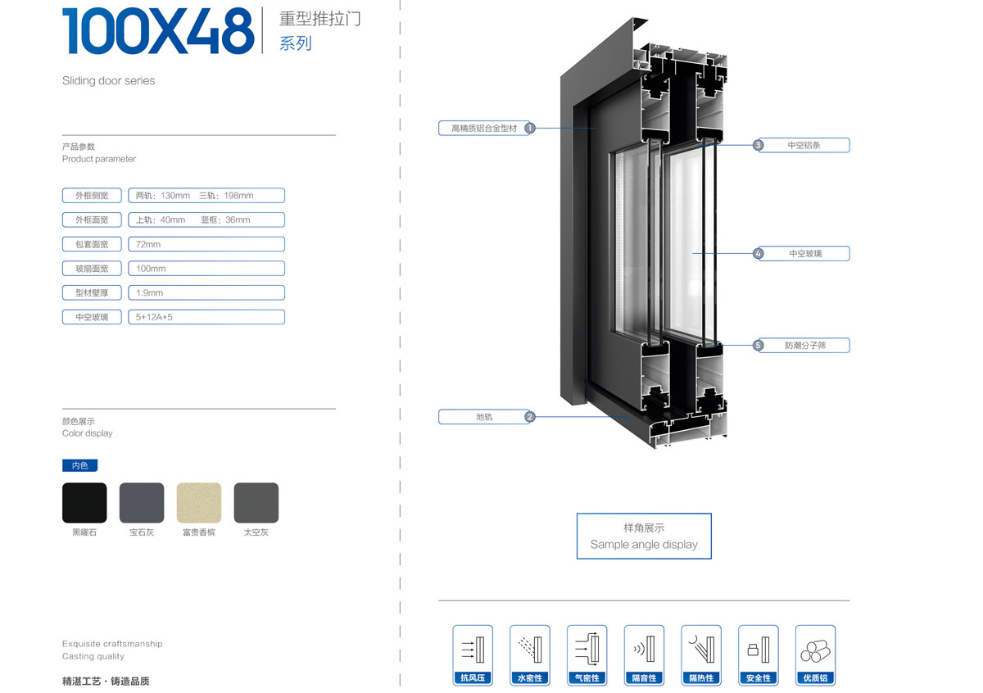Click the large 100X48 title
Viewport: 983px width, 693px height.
[x=158, y=31]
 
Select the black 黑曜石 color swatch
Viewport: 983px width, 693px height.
[x=84, y=502]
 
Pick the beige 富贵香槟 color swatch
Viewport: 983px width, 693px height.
[x=199, y=502]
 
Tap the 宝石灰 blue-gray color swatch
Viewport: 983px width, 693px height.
[x=142, y=502]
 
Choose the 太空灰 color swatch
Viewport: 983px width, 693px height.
[x=256, y=502]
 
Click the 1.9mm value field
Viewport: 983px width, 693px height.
[x=206, y=292]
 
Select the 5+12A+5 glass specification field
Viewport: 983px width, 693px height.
[x=206, y=317]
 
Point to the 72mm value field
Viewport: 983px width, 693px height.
[x=206, y=244]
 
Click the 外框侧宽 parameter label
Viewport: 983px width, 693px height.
[x=92, y=195]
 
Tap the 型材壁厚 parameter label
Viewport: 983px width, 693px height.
[x=92, y=292]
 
